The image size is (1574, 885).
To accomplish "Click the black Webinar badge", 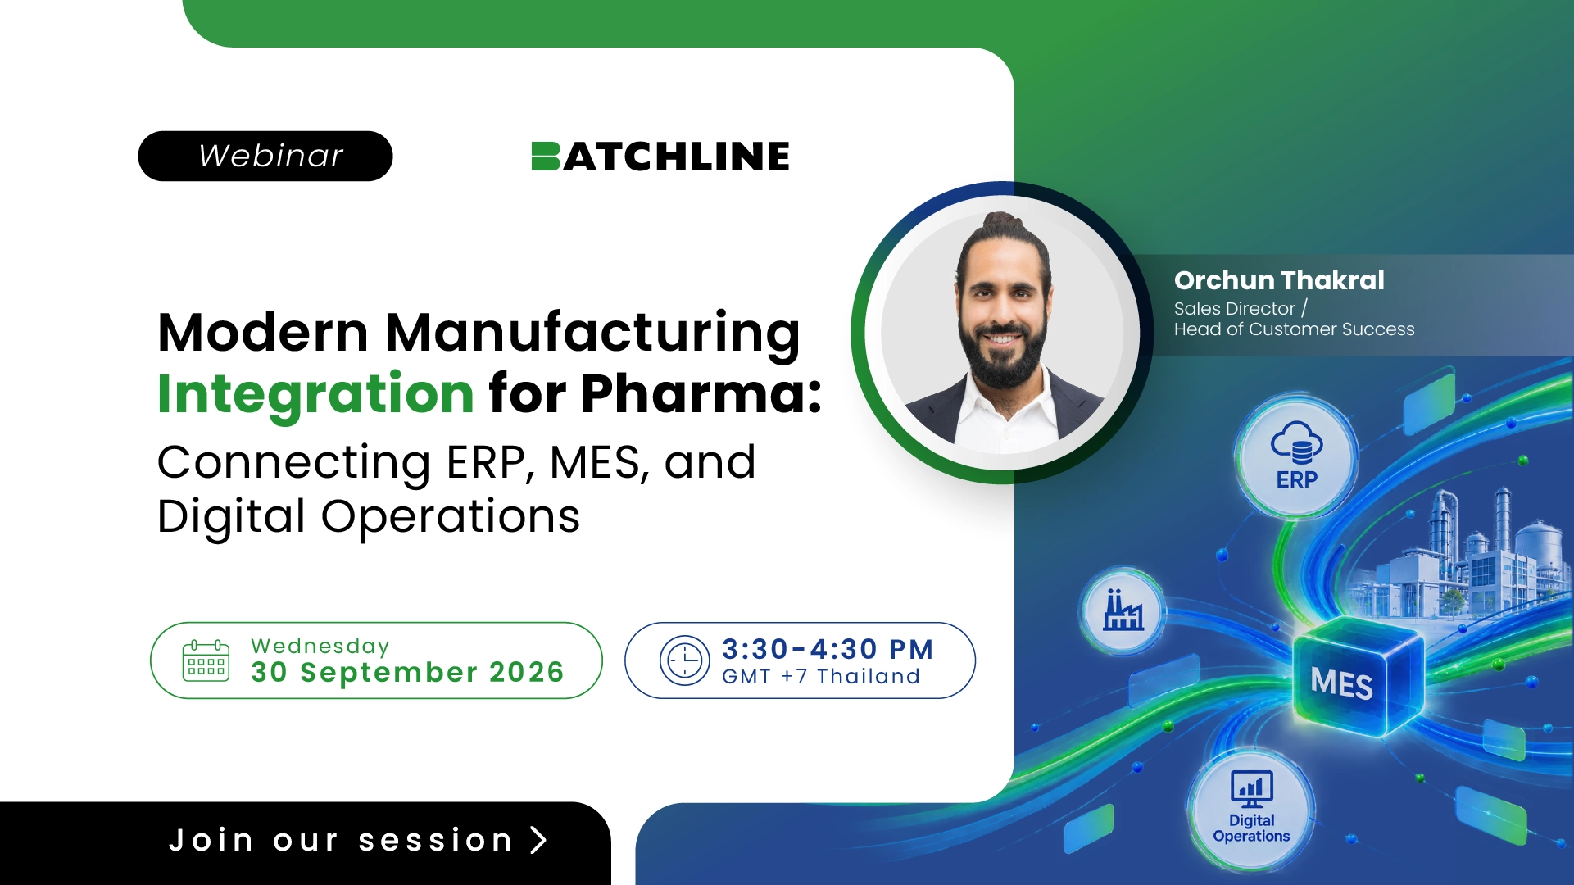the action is (x=265, y=156).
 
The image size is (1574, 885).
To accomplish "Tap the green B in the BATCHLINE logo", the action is (x=546, y=157).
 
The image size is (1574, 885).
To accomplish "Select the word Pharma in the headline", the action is (x=693, y=394).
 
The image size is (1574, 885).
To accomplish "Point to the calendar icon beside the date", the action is (x=206, y=660).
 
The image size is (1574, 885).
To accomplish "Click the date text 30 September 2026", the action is (x=407, y=673).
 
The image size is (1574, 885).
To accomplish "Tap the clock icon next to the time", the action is (x=685, y=660).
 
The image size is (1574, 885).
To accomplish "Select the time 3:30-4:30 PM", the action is (x=828, y=649).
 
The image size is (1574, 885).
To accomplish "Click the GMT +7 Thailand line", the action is (x=821, y=677).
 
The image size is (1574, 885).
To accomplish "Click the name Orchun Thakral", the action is (x=1279, y=280).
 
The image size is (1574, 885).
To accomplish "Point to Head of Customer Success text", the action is (x=1294, y=329).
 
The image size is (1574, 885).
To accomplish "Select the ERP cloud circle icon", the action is (x=1296, y=455).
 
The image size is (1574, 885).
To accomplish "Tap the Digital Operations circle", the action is (x=1251, y=810).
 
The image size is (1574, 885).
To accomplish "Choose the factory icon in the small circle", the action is (x=1123, y=610).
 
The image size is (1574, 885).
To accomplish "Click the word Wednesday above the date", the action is (x=320, y=647).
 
